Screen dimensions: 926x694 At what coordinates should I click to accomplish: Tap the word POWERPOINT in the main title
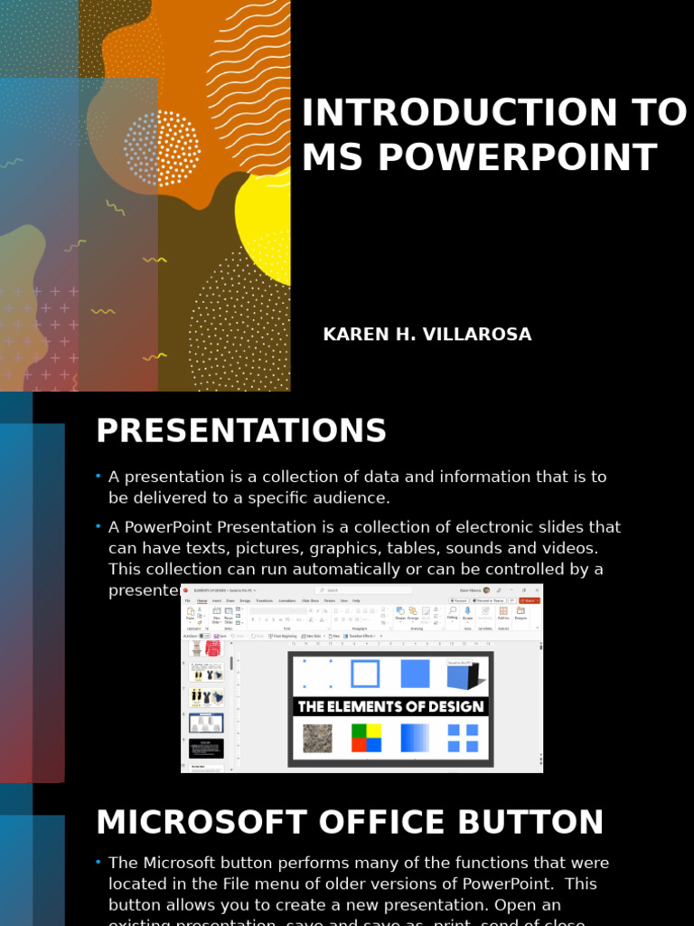pyautogui.click(x=517, y=158)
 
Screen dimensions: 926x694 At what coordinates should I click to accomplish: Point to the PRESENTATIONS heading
pyautogui.click(x=241, y=431)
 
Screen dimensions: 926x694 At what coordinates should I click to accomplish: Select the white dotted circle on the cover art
pyautogui.click(x=162, y=148)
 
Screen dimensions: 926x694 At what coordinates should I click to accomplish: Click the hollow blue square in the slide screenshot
pyautogui.click(x=365, y=674)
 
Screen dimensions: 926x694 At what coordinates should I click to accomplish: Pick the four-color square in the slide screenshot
pyautogui.click(x=366, y=738)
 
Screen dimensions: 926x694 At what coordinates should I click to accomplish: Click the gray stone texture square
pyautogui.click(x=316, y=738)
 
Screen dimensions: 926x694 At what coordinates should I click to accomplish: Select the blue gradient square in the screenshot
pyautogui.click(x=416, y=738)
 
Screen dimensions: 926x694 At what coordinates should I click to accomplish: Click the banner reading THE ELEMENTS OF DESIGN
pyautogui.click(x=390, y=706)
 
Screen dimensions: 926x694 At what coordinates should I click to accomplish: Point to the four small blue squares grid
pyautogui.click(x=464, y=738)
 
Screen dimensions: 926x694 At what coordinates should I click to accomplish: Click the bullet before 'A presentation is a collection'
pyautogui.click(x=98, y=477)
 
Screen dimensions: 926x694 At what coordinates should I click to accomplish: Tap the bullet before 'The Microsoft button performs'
pyautogui.click(x=98, y=863)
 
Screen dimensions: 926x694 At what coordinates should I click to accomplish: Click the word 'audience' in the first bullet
pyautogui.click(x=353, y=497)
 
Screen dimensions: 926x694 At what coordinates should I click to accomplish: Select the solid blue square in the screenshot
pyautogui.click(x=416, y=674)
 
